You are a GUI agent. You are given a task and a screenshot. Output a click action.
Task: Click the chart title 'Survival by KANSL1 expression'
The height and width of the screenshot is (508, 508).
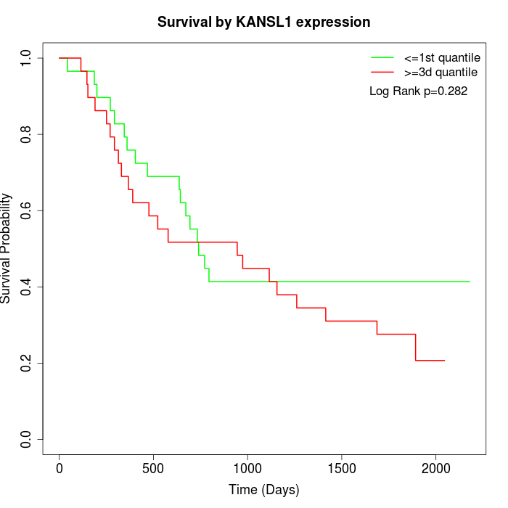pyautogui.click(x=263, y=22)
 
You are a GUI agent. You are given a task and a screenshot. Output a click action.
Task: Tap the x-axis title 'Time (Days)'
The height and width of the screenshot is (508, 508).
pyautogui.click(x=263, y=490)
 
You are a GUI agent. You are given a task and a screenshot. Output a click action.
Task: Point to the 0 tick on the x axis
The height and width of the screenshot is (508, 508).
pyautogui.click(x=60, y=468)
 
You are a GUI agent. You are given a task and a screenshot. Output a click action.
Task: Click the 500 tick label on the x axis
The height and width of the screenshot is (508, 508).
pyautogui.click(x=153, y=468)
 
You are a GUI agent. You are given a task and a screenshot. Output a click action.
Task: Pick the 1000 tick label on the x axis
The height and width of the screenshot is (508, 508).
pyautogui.click(x=247, y=468)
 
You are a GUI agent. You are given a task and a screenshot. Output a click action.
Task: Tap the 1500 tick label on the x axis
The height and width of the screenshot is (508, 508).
pyautogui.click(x=341, y=468)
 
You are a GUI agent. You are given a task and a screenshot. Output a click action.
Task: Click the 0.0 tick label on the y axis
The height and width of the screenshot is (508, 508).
pyautogui.click(x=27, y=439)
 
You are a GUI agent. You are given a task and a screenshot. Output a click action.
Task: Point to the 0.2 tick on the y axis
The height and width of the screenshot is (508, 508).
pyautogui.click(x=27, y=363)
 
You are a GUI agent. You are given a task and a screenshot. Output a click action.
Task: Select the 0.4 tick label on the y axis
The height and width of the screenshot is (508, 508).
pyautogui.click(x=27, y=287)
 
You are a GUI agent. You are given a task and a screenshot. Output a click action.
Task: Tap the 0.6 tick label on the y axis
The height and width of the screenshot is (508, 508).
pyautogui.click(x=27, y=210)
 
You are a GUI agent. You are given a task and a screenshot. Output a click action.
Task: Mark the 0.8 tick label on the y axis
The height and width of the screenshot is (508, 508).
pyautogui.click(x=27, y=134)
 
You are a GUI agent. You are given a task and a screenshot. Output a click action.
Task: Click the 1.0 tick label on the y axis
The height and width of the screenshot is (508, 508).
pyautogui.click(x=27, y=58)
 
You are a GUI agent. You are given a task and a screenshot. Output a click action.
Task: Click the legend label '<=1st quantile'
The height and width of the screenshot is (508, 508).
pyautogui.click(x=441, y=57)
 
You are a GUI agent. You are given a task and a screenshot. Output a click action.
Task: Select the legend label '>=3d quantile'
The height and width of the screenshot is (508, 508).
pyautogui.click(x=441, y=73)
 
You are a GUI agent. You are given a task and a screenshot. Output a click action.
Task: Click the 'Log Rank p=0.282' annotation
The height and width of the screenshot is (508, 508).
pyautogui.click(x=418, y=91)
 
